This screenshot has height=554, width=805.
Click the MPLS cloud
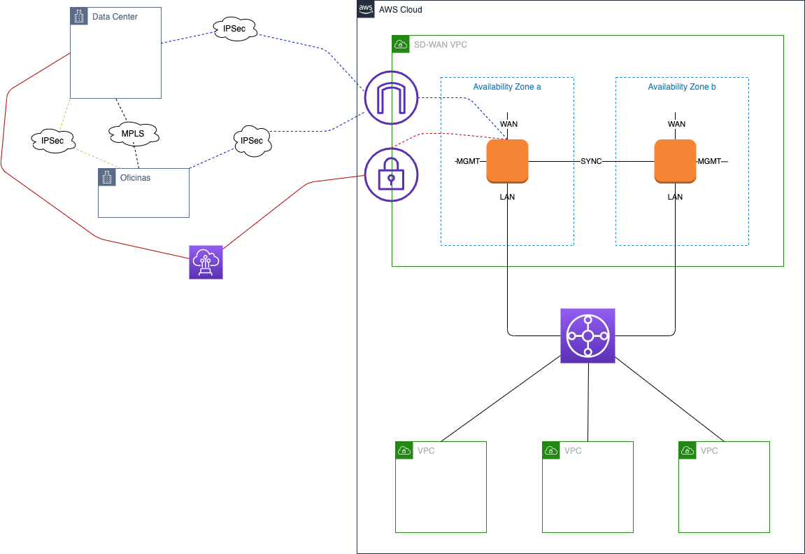tap(134, 134)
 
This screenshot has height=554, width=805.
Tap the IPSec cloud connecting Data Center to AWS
tap(234, 29)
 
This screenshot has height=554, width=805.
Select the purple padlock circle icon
tap(391, 174)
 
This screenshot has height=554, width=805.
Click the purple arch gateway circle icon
tap(391, 97)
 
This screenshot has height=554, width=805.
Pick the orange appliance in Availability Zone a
tap(507, 161)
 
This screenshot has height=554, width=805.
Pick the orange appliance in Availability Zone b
tap(675, 161)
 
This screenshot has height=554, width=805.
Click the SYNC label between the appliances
tap(591, 161)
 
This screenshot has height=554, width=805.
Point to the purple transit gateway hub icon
tap(587, 336)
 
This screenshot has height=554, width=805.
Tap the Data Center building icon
tap(79, 16)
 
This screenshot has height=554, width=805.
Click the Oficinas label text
tap(135, 178)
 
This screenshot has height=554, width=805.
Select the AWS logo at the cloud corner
tap(366, 9)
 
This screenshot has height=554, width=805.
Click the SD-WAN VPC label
tap(441, 45)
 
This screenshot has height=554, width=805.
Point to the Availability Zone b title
tap(682, 87)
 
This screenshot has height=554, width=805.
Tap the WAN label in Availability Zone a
tap(508, 124)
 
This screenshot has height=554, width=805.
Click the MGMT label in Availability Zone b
tap(709, 161)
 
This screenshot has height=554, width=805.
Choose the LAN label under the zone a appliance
tap(507, 197)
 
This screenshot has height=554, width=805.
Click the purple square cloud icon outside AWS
tap(206, 262)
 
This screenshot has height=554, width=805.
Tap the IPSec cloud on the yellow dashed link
tap(53, 141)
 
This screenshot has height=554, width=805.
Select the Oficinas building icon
tap(107, 177)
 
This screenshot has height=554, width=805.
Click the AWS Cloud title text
tap(401, 10)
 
